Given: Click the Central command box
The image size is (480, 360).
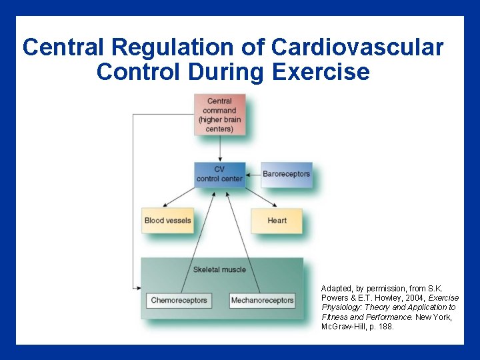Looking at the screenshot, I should point(219,115).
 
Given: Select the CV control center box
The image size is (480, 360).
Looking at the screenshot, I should point(219,174).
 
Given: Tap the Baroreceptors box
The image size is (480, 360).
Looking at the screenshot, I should point(286,174).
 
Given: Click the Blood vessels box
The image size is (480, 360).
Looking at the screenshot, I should point(167,221).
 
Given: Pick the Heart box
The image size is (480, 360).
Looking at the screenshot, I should point(277,221).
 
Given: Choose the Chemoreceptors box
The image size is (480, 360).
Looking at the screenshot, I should point(179,301).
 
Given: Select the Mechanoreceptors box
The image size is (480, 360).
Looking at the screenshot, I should point(262,301).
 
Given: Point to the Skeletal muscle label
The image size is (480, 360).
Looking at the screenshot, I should point(219,269).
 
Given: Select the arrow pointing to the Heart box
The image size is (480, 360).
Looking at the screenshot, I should point(259,199).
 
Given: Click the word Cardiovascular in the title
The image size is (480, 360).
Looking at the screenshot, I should point(357,47).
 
